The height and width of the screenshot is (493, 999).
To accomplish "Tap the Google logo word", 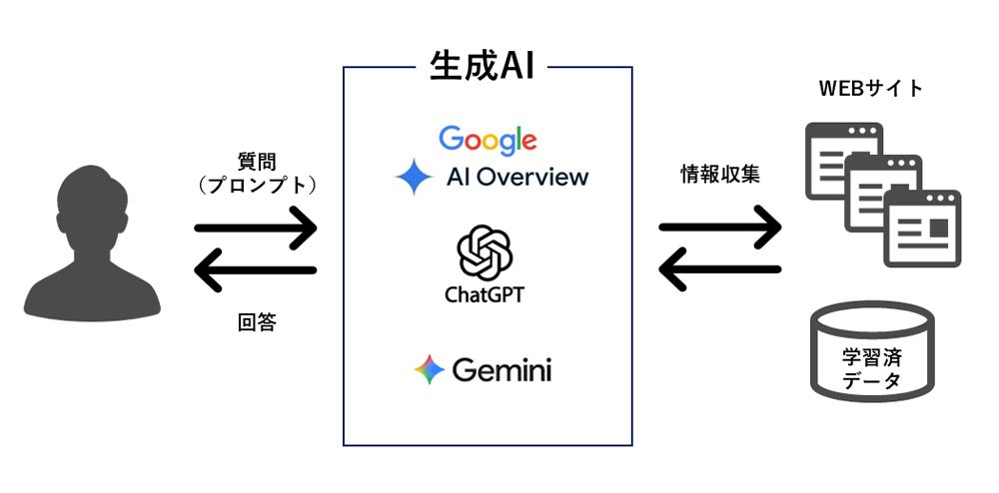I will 488,141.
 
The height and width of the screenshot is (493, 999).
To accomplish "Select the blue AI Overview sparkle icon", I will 414,178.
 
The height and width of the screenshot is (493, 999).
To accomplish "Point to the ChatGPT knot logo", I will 486,251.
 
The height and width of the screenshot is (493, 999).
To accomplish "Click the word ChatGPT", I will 485,295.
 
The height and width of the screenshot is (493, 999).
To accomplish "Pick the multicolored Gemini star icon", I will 430,370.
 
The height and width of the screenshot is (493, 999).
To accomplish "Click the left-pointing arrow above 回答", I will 256,269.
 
